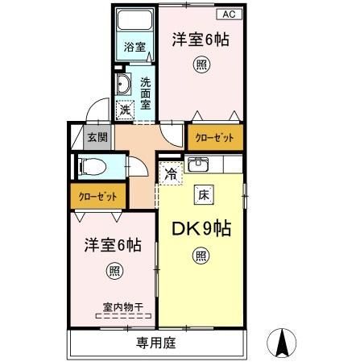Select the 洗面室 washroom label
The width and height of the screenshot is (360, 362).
click(x=146, y=92)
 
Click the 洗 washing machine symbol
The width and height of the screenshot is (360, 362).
click(x=124, y=110)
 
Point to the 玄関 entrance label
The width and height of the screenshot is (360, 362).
click(x=97, y=137)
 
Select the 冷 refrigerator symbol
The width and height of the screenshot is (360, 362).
click(x=171, y=173)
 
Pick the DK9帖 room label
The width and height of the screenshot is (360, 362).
click(x=201, y=229)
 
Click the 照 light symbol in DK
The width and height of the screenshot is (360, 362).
click(x=199, y=257)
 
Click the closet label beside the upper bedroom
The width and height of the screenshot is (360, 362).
click(x=215, y=138)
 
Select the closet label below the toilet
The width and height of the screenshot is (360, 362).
click(x=98, y=196)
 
